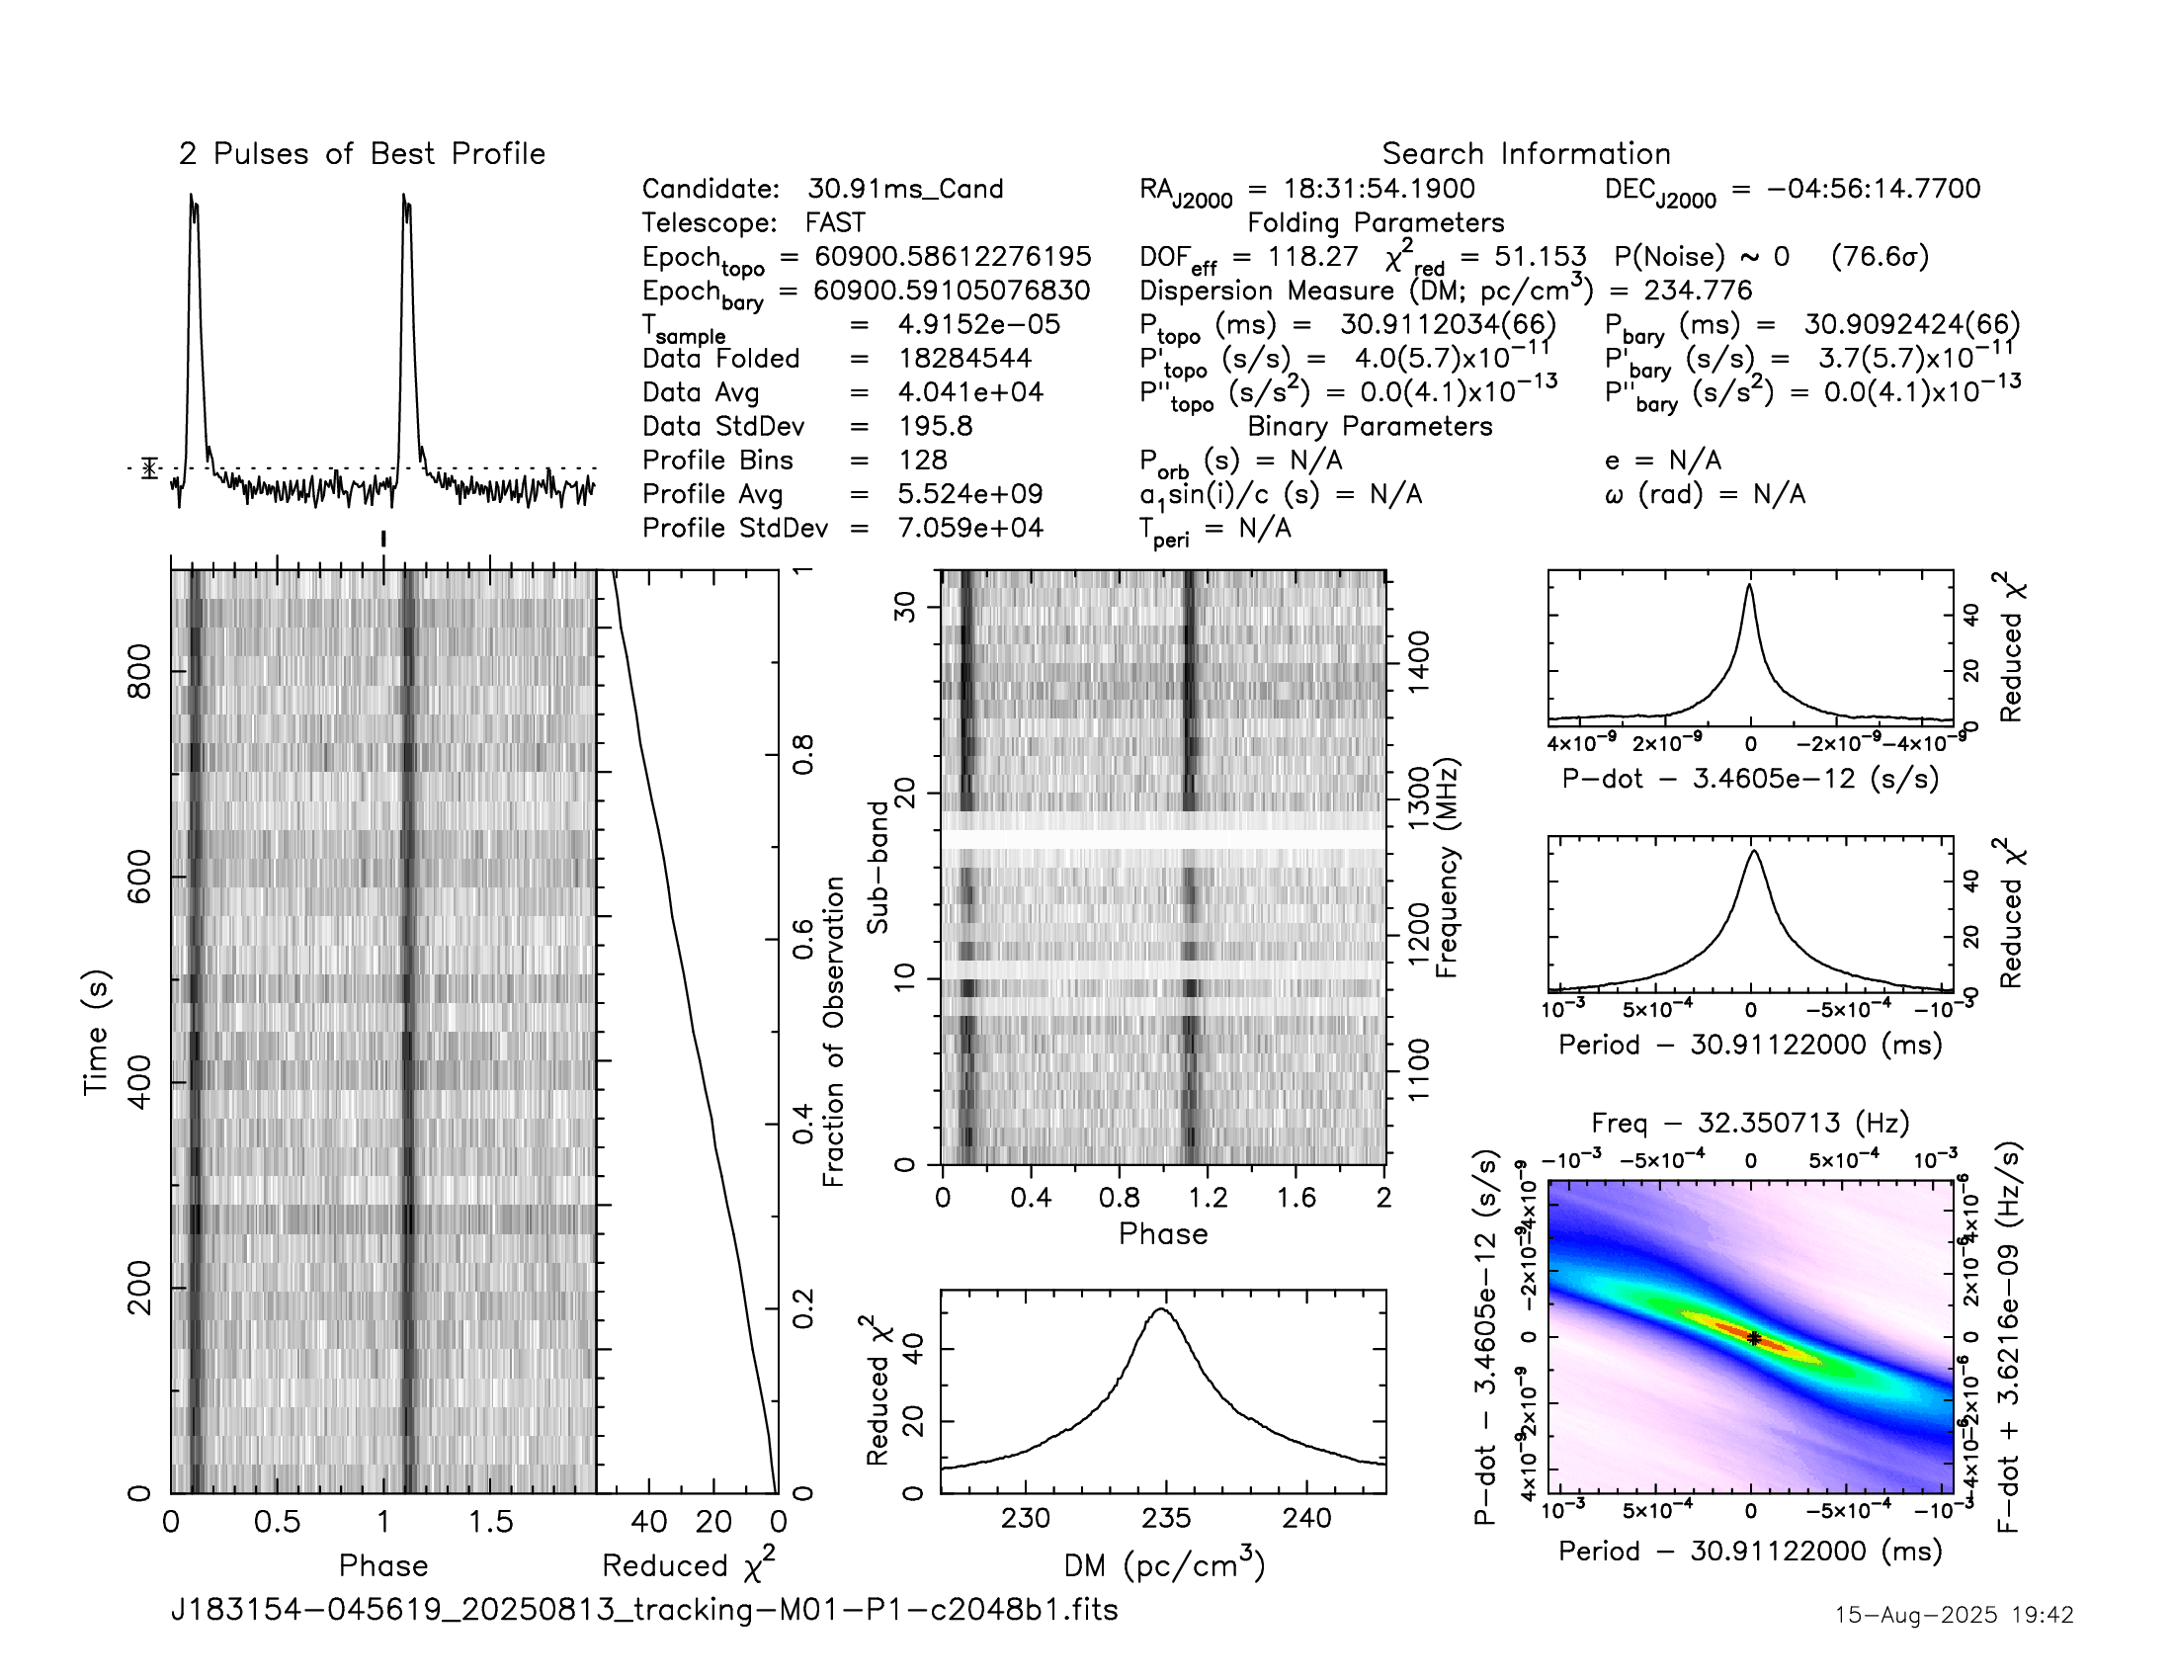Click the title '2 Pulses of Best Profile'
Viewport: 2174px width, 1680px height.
tap(362, 154)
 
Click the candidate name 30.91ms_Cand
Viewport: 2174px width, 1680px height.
tap(905, 189)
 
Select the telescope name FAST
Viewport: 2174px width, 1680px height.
tap(835, 223)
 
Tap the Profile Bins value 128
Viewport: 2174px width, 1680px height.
tap(922, 460)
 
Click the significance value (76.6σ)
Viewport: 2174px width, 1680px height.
tap(1880, 257)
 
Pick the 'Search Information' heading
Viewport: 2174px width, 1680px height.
tap(1525, 154)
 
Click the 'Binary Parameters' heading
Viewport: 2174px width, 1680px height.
tap(1370, 426)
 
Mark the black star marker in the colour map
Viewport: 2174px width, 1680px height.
tap(1754, 1339)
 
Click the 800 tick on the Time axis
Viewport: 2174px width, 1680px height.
tap(140, 672)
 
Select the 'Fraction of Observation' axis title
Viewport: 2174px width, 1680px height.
tap(833, 1031)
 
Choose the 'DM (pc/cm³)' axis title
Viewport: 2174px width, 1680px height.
tap(1164, 1566)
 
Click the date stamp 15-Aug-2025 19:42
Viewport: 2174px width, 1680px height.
tap(1954, 1615)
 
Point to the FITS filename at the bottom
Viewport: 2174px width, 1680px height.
tap(645, 1609)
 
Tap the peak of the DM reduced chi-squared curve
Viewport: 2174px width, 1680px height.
tap(1161, 1308)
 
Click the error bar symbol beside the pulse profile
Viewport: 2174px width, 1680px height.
tap(149, 467)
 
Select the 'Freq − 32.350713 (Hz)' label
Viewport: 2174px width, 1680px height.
tap(1750, 1124)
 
